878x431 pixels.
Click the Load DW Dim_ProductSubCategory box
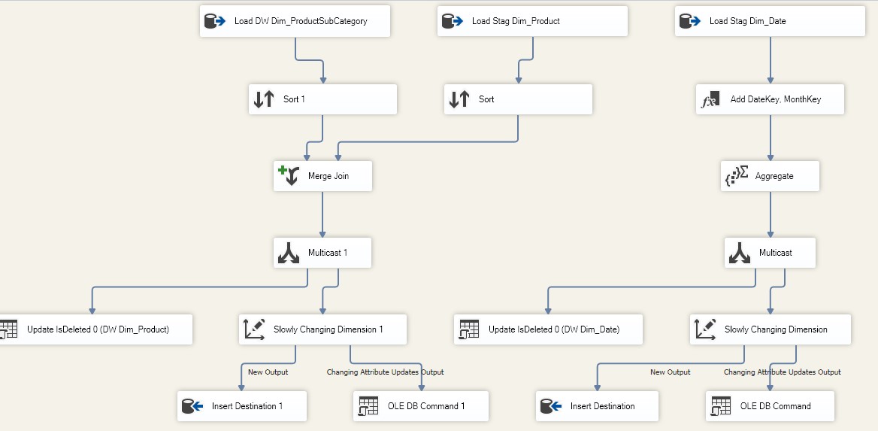(x=295, y=21)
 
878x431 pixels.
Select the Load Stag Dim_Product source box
(x=532, y=21)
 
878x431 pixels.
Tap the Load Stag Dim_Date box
(x=769, y=21)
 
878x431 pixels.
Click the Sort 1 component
(x=322, y=99)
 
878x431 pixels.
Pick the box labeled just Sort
(x=518, y=99)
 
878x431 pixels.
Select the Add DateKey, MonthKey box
(x=770, y=99)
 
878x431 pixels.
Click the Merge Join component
(x=322, y=176)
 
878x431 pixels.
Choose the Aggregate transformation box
(x=770, y=176)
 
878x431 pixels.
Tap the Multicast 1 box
(x=322, y=253)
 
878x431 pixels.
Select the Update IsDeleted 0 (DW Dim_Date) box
(x=548, y=329)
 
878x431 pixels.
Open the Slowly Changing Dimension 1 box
(x=322, y=329)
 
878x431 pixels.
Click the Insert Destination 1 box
(x=242, y=406)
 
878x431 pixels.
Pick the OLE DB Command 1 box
(x=421, y=406)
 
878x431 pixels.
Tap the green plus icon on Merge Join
(x=282, y=170)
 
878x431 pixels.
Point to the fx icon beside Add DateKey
(x=710, y=100)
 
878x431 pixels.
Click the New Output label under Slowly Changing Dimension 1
(x=268, y=372)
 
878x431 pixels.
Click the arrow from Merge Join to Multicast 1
(x=322, y=214)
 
